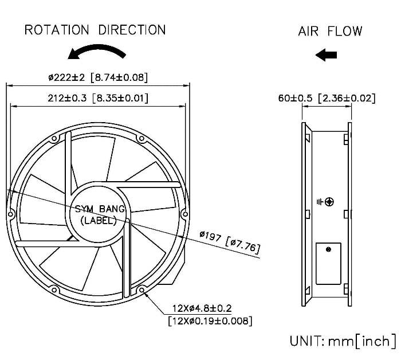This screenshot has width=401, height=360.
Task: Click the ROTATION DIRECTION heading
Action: tap(95, 29)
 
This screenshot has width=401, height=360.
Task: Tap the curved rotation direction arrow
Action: tap(96, 52)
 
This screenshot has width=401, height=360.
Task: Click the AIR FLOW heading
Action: tap(330, 30)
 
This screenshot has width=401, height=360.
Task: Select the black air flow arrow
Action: tap(327, 55)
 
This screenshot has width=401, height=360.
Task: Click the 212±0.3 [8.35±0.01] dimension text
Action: tap(98, 98)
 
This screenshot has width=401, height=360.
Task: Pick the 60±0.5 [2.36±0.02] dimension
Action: tap(327, 98)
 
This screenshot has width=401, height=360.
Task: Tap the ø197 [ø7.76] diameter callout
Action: tap(230, 241)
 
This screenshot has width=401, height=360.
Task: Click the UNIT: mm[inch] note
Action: tap(343, 342)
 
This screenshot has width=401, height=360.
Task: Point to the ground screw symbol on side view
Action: tap(328, 202)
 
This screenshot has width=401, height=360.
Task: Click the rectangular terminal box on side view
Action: tap(328, 263)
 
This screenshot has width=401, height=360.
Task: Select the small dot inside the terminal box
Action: tap(328, 249)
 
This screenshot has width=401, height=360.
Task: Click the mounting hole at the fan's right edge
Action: tap(184, 214)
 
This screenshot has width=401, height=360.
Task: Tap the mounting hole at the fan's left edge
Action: tap(10, 214)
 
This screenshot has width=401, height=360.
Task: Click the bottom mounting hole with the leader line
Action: tap(141, 290)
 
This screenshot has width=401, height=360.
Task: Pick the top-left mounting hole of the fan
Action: tap(54, 138)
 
